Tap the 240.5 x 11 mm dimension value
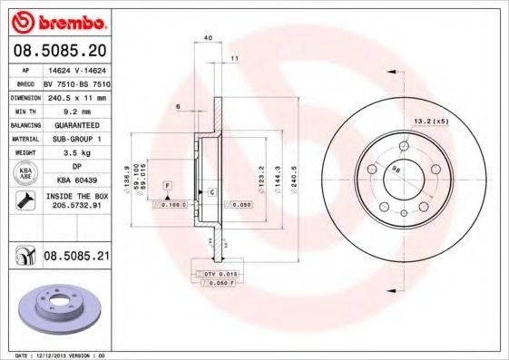[76, 95]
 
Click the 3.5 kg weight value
[76, 152]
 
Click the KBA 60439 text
[76, 181]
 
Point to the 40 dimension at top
[208, 38]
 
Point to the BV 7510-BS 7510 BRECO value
[76, 82]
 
